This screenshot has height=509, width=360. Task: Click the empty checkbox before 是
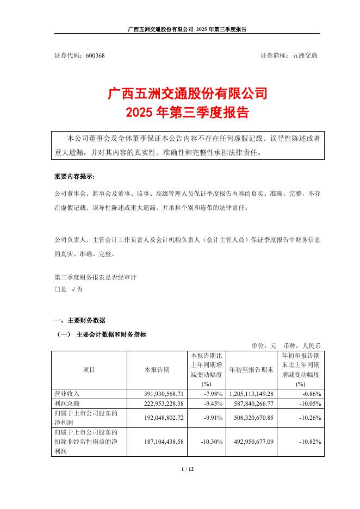pos(57,290)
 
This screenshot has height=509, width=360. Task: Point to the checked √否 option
pos(77,290)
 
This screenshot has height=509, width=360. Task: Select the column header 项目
pos(89,370)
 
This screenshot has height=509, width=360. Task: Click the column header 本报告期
pos(157,370)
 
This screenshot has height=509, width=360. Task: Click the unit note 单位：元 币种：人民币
pos(286,345)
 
